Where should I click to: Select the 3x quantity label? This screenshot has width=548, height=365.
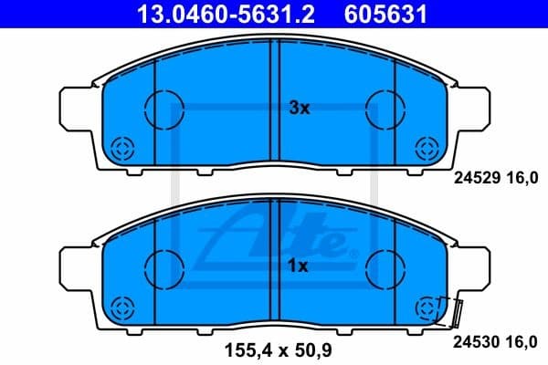point(299,108)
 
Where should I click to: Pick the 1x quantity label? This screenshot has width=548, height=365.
point(299,266)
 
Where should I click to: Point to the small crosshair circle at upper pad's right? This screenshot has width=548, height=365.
point(427,147)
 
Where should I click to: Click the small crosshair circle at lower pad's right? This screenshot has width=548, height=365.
point(427,307)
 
